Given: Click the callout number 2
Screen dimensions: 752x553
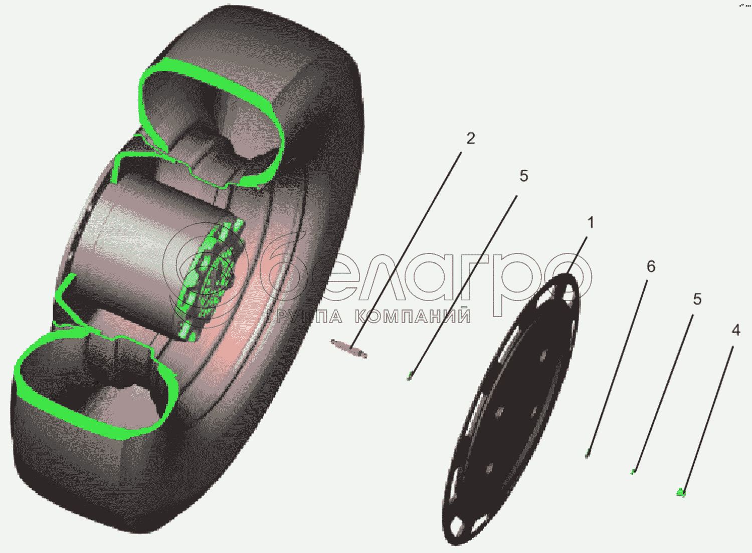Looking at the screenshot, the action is pyautogui.click(x=470, y=139).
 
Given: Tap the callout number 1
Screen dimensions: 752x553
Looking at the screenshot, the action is pyautogui.click(x=591, y=222).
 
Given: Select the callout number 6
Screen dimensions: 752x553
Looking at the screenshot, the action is pyautogui.click(x=651, y=266).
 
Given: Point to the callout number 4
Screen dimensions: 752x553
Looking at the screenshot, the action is pyautogui.click(x=735, y=331).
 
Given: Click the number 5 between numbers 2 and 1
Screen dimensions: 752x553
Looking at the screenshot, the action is pyautogui.click(x=523, y=176).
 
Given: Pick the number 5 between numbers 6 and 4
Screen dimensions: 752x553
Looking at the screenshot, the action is pyautogui.click(x=697, y=300).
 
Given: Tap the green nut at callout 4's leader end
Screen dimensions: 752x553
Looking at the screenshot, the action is pyautogui.click(x=680, y=492).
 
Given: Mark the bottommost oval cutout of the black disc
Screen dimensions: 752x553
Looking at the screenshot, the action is pyautogui.click(x=458, y=526).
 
